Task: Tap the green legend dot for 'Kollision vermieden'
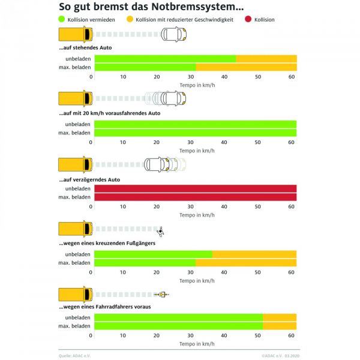[62, 20]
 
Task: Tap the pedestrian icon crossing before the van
[160, 231]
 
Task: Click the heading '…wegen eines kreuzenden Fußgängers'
[107, 243]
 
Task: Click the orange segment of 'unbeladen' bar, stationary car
[266, 59]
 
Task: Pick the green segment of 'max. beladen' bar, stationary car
[145, 67]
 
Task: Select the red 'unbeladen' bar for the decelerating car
[195, 188]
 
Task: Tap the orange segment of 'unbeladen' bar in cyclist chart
[279, 317]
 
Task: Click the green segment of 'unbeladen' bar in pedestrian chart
[153, 254]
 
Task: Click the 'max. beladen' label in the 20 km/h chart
[74, 133]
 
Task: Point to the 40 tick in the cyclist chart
[224, 335]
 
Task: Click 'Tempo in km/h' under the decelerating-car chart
[197, 214]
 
